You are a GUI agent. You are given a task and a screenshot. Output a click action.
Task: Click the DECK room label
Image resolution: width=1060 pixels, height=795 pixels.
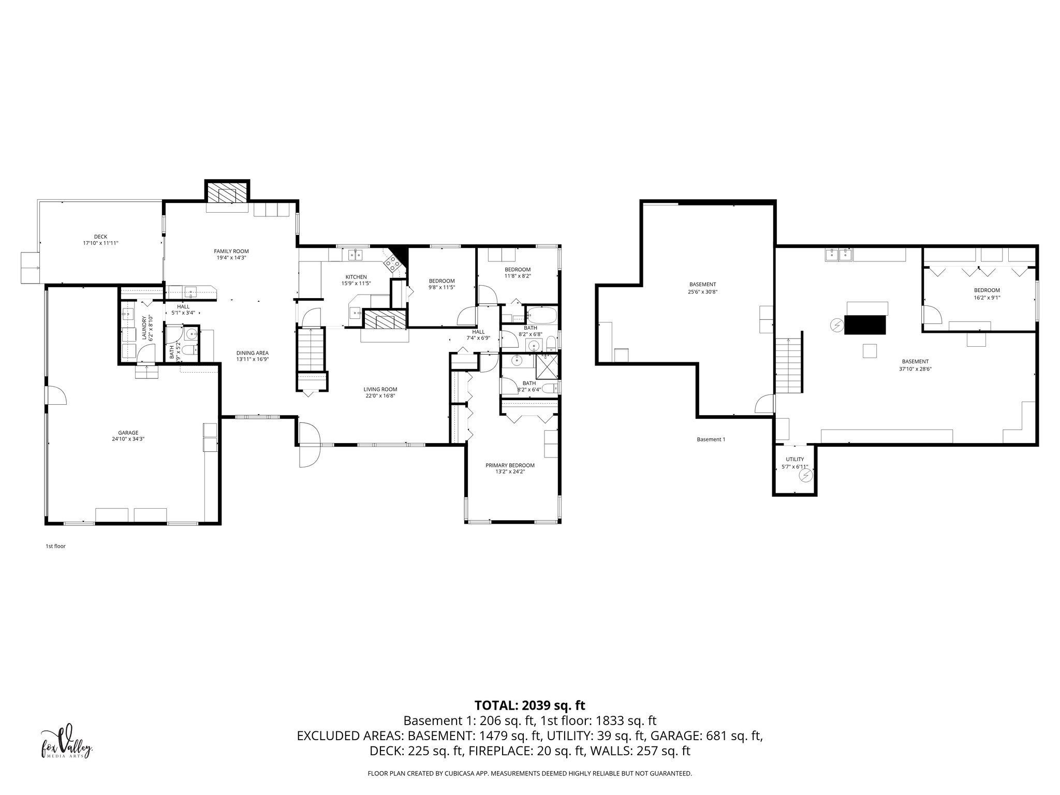(101, 237)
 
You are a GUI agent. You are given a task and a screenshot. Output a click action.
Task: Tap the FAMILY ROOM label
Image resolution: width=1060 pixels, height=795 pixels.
(231, 251)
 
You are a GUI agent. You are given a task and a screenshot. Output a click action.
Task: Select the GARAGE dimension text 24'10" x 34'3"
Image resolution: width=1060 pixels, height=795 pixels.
(128, 439)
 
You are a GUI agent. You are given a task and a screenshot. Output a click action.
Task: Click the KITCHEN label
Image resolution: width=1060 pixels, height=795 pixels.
(356, 277)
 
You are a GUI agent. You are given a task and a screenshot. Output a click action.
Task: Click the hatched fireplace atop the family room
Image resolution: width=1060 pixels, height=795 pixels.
(227, 193)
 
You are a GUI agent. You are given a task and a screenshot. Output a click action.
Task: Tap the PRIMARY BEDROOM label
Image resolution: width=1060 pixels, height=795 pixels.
(510, 465)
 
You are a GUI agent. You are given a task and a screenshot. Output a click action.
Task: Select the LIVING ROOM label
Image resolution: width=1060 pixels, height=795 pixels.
(380, 389)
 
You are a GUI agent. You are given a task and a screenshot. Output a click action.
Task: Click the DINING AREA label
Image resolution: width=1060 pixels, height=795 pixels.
(253, 353)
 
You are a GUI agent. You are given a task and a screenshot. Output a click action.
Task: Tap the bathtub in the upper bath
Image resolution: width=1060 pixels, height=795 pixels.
(541, 314)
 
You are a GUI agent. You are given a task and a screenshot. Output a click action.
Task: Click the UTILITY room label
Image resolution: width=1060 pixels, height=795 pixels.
(794, 459)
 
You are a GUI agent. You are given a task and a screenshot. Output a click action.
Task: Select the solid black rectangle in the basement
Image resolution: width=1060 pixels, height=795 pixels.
(865, 325)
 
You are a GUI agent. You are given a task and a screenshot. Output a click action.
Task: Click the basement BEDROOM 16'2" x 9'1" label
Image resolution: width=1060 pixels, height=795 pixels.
(987, 290)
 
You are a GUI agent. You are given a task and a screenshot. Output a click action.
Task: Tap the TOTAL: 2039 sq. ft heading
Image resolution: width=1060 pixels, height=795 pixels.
(529, 705)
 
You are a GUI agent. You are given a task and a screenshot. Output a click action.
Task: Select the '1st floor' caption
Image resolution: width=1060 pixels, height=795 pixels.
(55, 546)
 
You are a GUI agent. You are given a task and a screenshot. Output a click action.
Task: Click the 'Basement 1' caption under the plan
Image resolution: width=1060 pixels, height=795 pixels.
(711, 439)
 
